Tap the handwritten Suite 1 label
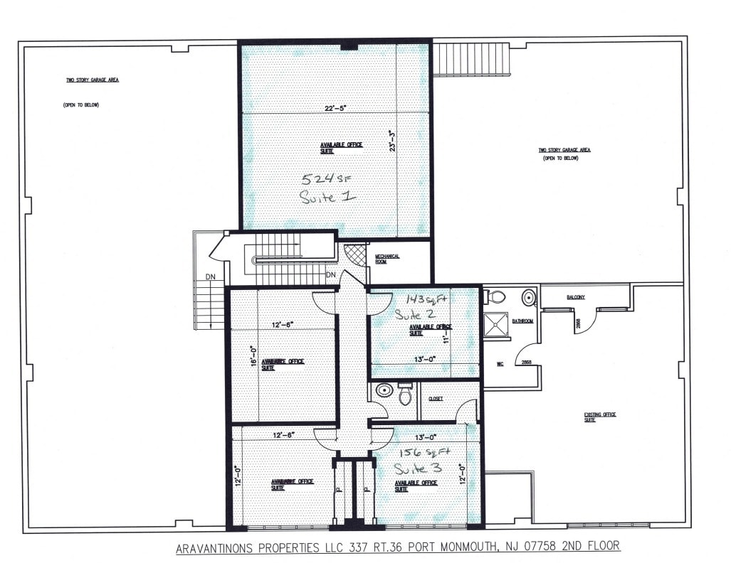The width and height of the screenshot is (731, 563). tap(327, 197)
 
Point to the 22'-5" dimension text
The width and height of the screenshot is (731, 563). tap(335, 108)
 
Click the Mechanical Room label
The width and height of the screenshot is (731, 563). tap(387, 259)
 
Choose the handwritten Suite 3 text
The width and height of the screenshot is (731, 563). tap(419, 468)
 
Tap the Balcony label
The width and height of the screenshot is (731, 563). tap(575, 297)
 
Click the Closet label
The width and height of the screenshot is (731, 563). tap(436, 399)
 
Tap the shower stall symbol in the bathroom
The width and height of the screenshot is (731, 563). tap(495, 324)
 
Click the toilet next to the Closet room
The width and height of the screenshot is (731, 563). tap(405, 393)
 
